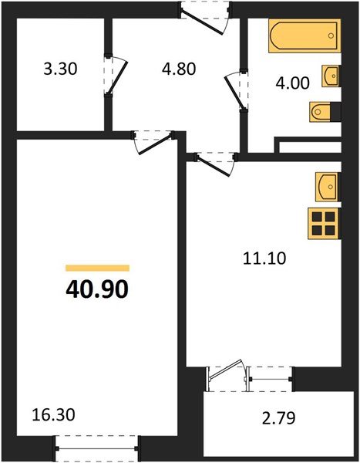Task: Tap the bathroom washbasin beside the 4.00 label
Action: [x=331, y=76]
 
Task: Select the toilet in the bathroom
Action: [x=322, y=113]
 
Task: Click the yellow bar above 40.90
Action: [x=97, y=268]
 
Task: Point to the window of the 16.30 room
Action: [x=97, y=446]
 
